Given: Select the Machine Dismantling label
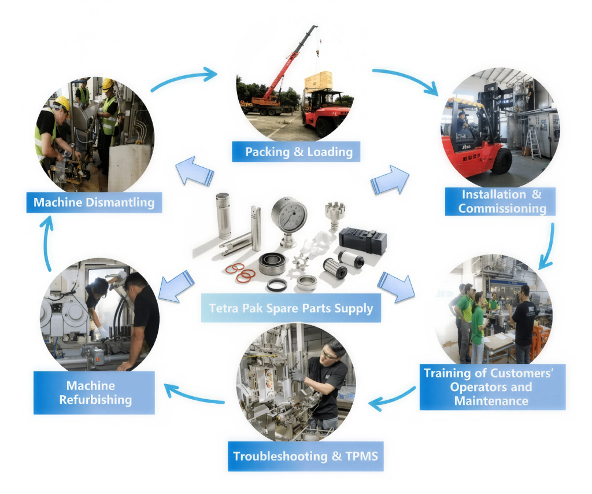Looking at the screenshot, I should point(94,202).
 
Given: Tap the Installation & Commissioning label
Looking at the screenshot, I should point(500,201).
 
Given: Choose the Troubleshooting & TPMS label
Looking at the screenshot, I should point(305,456).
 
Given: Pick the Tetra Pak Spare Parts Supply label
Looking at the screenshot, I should point(291,308).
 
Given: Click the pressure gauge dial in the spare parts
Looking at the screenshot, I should point(289,213).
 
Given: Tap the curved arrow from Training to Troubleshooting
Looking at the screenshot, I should point(393,399).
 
